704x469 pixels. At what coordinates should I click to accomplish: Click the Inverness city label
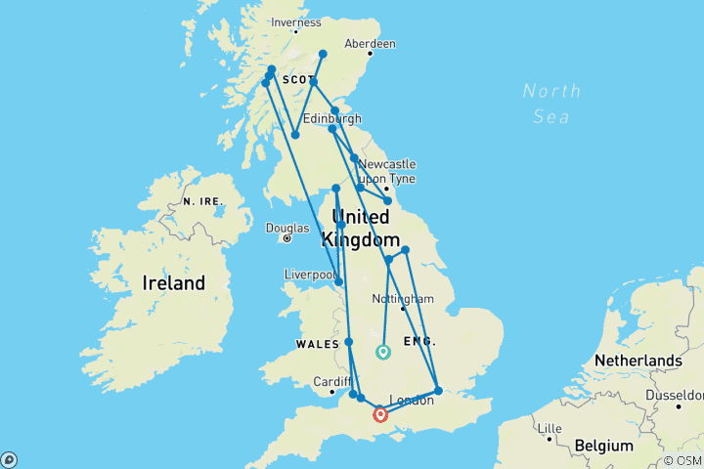[296, 22]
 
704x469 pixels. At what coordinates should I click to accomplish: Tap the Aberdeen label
[370, 44]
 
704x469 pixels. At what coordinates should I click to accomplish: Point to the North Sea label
[552, 104]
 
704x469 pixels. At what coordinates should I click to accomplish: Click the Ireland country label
[174, 283]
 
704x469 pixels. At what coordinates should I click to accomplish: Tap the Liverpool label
[310, 275]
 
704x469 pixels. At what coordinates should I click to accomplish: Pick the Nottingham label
[403, 298]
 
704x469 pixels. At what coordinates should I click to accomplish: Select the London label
[410, 400]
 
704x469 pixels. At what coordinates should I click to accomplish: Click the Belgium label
[603, 446]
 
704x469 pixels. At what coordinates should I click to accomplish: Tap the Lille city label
[551, 428]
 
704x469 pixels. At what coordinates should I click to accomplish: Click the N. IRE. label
[203, 200]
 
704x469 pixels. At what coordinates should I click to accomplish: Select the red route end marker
[380, 414]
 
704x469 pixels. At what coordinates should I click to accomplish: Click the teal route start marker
[382, 352]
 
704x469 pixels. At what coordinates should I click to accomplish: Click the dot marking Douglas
[287, 237]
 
